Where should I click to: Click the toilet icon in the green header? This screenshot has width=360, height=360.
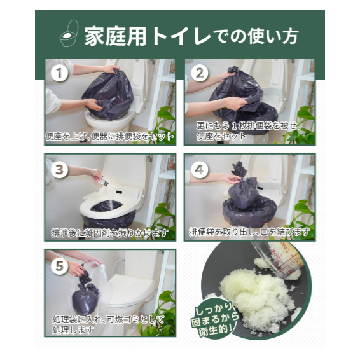point(69,34)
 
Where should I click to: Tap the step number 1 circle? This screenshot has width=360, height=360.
point(59,73)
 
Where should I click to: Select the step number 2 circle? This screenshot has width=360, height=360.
point(200,73)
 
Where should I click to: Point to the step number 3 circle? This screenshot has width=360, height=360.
point(59,170)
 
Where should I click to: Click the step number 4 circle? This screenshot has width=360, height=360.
point(200,170)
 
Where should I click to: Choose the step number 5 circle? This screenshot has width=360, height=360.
point(59,266)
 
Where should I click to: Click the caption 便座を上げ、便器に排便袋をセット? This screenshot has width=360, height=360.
point(109,136)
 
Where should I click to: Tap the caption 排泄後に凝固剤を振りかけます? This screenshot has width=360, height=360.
point(110,233)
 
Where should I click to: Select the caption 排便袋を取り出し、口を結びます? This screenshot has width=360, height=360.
point(249,232)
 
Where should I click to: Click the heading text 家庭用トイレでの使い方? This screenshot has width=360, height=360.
point(191,36)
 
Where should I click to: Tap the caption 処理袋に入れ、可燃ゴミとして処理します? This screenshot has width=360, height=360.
point(108,325)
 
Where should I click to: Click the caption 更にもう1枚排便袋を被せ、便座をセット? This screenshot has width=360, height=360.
point(248,131)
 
